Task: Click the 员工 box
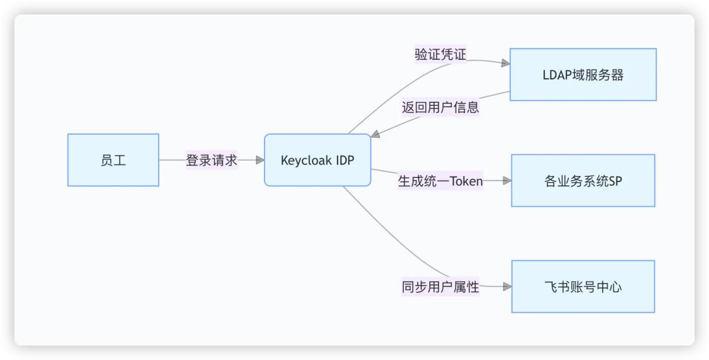[113, 160]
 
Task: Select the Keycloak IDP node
[317, 160]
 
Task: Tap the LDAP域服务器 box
[583, 74]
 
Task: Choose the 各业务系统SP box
[583, 181]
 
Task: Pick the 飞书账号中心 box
[583, 286]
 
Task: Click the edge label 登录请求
[211, 160]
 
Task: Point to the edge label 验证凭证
[440, 55]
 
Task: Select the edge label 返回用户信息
[440, 108]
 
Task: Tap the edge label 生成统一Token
[440, 181]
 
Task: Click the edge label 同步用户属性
[440, 286]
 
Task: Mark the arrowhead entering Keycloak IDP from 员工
[259, 160]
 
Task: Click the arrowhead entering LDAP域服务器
[505, 63]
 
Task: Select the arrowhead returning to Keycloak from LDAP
[375, 134]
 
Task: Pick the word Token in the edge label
[466, 181]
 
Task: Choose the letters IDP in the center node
[345, 160]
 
